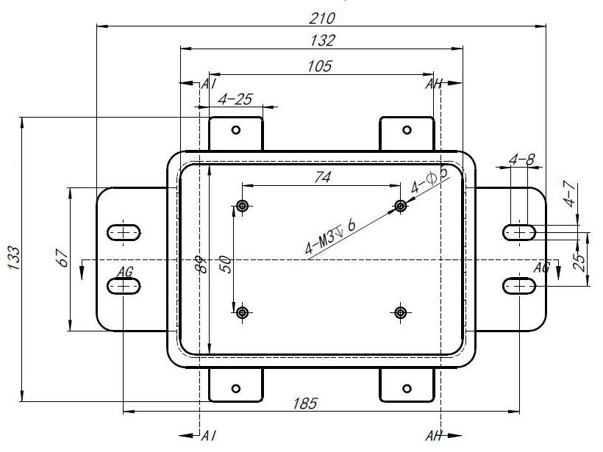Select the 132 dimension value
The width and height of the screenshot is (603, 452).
coord(322,40)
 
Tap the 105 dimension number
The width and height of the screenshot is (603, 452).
coord(320,66)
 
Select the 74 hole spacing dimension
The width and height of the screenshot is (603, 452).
coord(322,177)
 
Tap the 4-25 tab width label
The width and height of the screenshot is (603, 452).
coord(235,98)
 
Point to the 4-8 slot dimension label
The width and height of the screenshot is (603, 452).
coord(521,159)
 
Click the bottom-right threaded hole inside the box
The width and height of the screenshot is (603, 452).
coord(401,312)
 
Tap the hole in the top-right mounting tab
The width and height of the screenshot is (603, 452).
coord(407,130)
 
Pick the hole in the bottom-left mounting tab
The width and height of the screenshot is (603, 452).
coord(236,388)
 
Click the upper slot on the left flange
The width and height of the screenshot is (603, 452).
coord(124,233)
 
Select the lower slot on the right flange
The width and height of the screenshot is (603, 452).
coord(521,285)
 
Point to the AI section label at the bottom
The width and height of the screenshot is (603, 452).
coord(208,436)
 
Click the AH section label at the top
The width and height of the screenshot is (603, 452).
coord(433,84)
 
